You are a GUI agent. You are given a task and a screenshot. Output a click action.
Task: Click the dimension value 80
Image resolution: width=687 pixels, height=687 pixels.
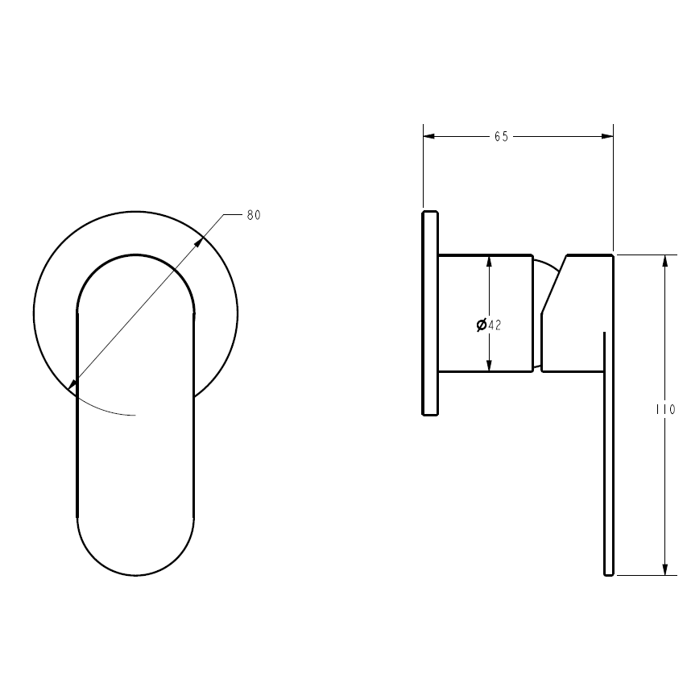(254, 215)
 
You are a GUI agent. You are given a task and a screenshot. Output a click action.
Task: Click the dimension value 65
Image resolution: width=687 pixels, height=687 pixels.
(501, 137)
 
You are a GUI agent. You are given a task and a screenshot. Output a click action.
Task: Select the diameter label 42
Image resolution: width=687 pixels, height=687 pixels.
(495, 325)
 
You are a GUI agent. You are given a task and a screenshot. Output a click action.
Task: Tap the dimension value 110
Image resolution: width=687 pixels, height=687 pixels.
(665, 409)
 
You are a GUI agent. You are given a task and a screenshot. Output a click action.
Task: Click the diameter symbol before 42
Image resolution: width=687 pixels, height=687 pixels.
(481, 325)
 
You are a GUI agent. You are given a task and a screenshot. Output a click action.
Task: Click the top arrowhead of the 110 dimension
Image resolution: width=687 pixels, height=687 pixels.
(665, 260)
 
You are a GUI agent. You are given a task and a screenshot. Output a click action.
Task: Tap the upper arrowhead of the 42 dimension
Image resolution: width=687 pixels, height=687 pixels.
(489, 261)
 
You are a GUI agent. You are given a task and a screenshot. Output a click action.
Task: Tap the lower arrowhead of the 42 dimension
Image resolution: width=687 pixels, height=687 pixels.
(489, 367)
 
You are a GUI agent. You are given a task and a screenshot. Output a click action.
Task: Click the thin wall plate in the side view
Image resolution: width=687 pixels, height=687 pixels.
(430, 313)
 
